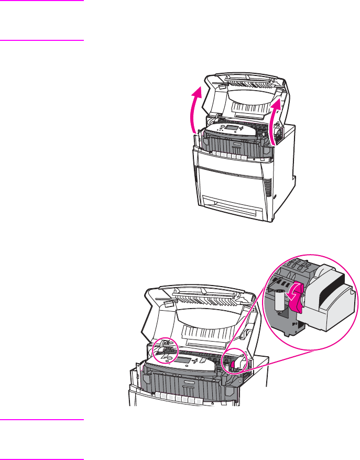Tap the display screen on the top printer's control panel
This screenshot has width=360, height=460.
[x=231, y=127]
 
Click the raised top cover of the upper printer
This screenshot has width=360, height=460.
[x=241, y=94]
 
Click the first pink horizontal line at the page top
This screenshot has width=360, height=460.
[x=42, y=1]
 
